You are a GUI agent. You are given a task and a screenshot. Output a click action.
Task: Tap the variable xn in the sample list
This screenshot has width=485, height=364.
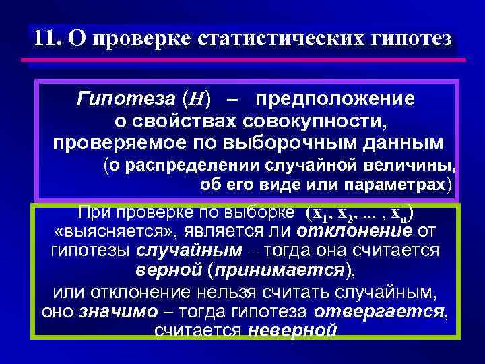(x=401, y=214)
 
